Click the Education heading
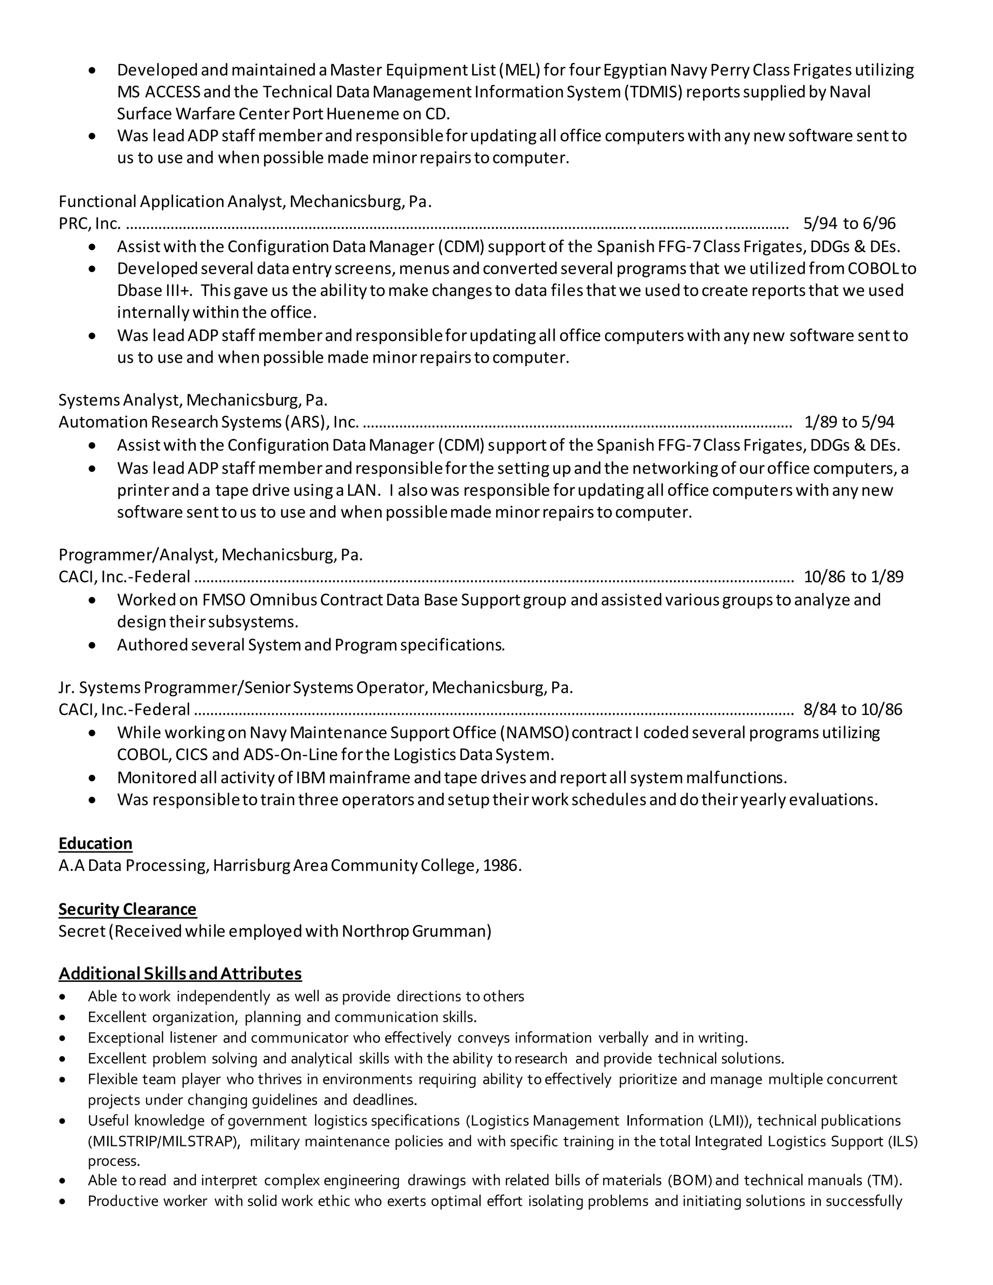click(96, 843)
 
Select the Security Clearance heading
click(127, 909)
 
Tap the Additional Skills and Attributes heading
click(180, 974)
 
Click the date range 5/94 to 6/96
click(849, 224)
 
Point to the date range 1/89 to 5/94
click(849, 422)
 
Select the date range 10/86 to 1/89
click(853, 577)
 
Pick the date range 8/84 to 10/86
click(852, 709)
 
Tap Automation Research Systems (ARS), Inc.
click(208, 422)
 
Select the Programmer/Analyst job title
click(138, 555)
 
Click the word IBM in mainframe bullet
click(310, 778)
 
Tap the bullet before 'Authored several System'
click(92, 645)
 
